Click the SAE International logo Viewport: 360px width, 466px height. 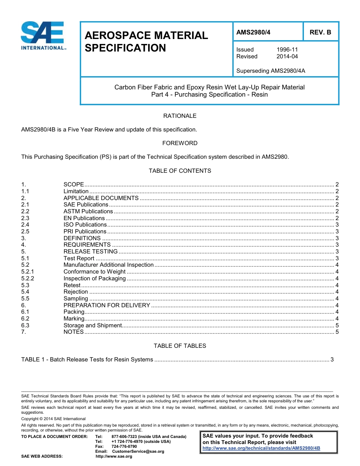pos(42,36)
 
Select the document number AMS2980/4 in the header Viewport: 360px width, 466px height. pos(253,33)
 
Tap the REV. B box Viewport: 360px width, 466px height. pos(320,33)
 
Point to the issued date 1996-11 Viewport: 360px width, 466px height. pos(287,50)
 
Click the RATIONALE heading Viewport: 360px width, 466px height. pos(180,116)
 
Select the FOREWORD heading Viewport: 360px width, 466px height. pos(180,143)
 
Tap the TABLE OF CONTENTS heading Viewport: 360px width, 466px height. pos(180,171)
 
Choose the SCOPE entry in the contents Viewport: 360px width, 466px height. pos(74,185)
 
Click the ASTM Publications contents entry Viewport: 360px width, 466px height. pos(88,211)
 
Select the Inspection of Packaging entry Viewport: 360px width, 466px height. pos(94,278)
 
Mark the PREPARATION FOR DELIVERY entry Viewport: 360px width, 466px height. pos(106,305)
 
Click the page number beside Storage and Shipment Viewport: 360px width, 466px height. pos(337,325)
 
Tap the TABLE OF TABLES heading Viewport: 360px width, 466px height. pos(180,346)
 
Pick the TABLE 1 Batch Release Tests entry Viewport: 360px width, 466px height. pos(87,360)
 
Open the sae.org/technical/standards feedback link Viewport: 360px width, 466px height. pos(261,448)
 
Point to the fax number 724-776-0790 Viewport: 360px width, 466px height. pos(124,447)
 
